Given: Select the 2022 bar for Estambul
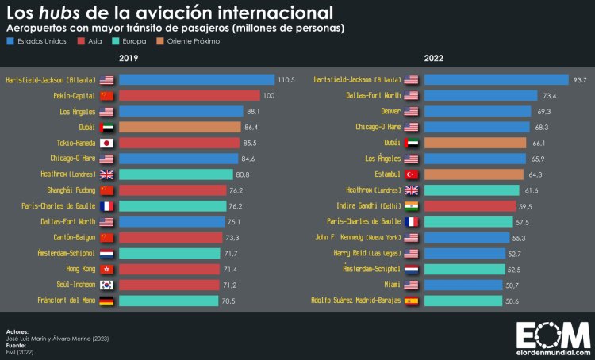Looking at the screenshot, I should click(x=474, y=174).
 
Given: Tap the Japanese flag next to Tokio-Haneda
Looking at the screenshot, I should click(x=106, y=143).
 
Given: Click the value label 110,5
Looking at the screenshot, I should click(x=286, y=80).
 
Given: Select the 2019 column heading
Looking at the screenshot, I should click(x=129, y=59).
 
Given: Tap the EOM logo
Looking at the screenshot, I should click(x=553, y=333).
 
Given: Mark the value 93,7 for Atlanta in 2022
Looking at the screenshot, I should click(x=581, y=80).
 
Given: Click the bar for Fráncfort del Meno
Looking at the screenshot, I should click(x=168, y=301).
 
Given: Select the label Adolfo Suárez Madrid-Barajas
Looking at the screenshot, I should click(x=356, y=301).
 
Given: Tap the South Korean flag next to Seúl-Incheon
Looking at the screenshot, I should click(x=106, y=285).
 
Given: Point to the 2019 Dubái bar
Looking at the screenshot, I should click(x=180, y=127).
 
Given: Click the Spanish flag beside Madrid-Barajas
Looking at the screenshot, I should click(x=411, y=301).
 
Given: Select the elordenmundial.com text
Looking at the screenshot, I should click(x=553, y=350).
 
